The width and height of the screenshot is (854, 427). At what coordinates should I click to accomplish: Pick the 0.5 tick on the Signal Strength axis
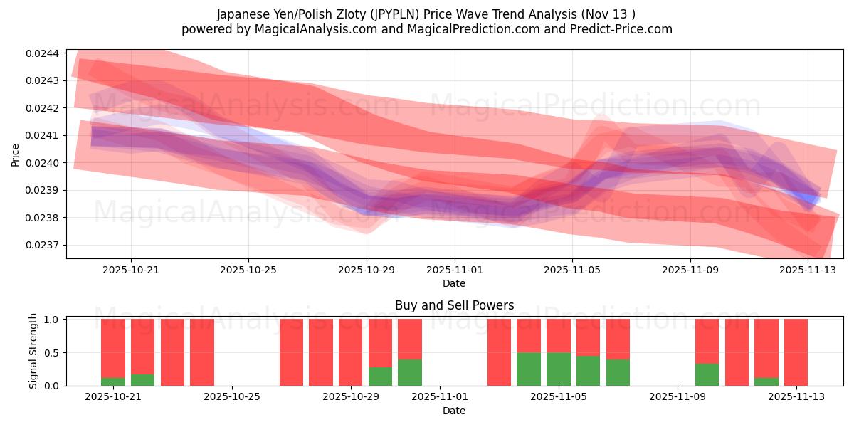tap(53, 353)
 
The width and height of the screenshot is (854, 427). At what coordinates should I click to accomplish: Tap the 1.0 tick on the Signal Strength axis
tap(53, 320)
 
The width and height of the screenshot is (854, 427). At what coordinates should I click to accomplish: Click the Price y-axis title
tap(15, 154)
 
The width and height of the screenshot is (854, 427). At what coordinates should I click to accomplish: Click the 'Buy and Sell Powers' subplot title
tap(454, 305)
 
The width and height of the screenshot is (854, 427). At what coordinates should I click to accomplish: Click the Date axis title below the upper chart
tap(454, 283)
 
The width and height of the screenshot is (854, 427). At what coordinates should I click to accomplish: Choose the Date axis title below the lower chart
tap(454, 411)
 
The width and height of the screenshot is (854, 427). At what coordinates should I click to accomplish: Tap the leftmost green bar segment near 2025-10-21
tap(113, 381)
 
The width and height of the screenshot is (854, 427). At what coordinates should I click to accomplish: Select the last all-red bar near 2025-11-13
tap(796, 352)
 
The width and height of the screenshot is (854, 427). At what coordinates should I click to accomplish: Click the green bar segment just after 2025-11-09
tap(707, 374)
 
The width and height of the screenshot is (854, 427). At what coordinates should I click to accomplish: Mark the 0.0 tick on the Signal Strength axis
tap(53, 386)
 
